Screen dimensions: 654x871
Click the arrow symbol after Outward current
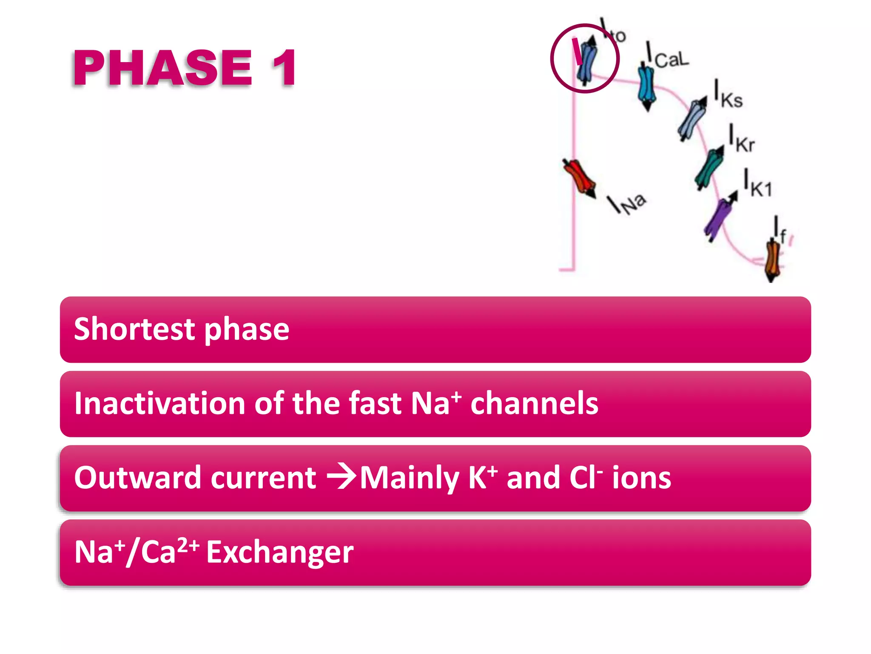(342, 476)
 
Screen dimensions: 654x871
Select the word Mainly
(409, 478)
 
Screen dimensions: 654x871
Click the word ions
(641, 477)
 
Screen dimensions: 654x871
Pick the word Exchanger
(280, 552)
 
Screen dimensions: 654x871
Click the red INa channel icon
(579, 178)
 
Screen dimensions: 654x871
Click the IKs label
(728, 95)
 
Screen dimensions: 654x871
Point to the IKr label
(742, 139)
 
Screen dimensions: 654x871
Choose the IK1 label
(757, 184)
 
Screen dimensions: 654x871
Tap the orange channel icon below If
(773, 259)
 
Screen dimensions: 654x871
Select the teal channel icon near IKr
(709, 168)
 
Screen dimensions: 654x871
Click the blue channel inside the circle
(587, 60)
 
